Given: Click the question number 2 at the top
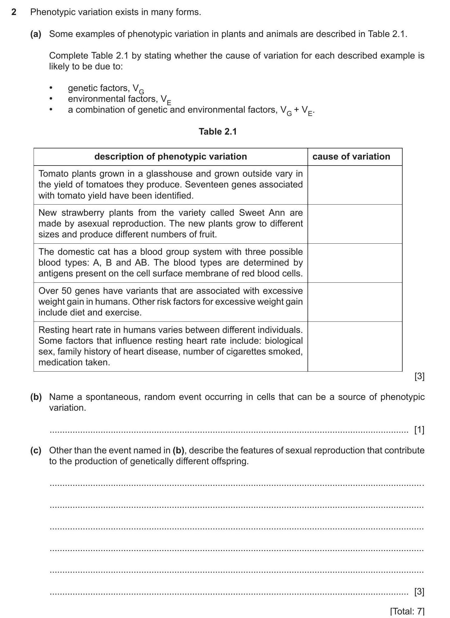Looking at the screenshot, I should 13,12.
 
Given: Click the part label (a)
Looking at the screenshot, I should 36,34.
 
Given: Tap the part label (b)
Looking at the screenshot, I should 36,397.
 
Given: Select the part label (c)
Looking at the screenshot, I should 36,450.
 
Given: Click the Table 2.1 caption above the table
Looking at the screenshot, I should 218,132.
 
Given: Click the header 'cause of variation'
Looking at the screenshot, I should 351,157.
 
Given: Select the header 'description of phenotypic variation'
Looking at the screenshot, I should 170,157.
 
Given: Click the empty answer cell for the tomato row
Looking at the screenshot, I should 355,185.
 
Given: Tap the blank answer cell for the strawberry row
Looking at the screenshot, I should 355,224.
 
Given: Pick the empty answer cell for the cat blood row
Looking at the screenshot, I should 355,263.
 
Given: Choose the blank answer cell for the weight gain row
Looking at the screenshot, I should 355,302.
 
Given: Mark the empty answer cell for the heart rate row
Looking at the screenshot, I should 355,346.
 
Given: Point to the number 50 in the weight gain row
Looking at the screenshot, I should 67,291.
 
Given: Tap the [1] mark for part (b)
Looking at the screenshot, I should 419,430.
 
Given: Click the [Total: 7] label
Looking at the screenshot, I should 407,611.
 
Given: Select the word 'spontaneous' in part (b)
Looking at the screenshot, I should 112,397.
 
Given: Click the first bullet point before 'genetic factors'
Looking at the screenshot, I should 51,88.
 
